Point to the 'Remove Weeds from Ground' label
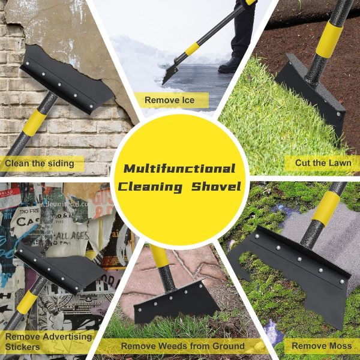click(182, 346)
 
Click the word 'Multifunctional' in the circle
click(180, 169)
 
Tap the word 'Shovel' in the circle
click(216, 187)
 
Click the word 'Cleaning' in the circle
click(150, 187)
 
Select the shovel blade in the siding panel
click(66, 82)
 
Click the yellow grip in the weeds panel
click(159, 258)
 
